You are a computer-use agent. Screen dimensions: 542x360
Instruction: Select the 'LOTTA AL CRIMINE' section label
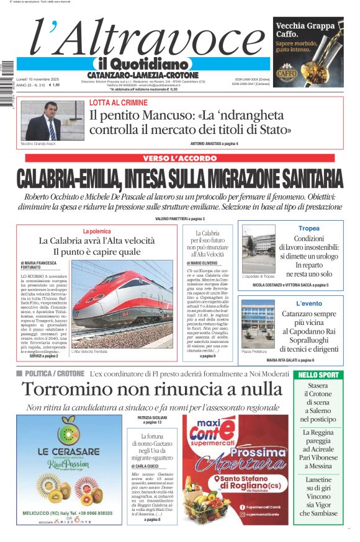(118, 102)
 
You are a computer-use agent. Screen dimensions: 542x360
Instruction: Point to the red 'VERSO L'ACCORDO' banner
(179, 158)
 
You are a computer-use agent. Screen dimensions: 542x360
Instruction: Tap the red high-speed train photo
(122, 304)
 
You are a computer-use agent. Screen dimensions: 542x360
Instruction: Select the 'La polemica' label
(96, 231)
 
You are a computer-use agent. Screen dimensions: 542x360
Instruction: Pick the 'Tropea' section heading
(308, 229)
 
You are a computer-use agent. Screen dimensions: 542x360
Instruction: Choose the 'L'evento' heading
(308, 303)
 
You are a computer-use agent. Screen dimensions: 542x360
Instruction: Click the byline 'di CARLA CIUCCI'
(146, 466)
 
